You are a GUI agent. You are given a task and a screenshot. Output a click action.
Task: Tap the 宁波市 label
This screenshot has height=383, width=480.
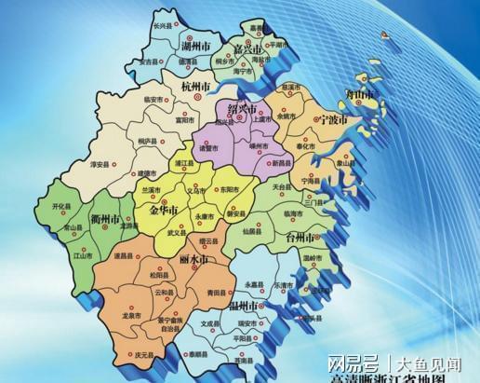click(333, 121)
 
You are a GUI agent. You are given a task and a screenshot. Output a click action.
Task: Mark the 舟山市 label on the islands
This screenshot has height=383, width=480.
click(359, 95)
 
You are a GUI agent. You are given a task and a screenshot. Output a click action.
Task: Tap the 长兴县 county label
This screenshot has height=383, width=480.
click(164, 27)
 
